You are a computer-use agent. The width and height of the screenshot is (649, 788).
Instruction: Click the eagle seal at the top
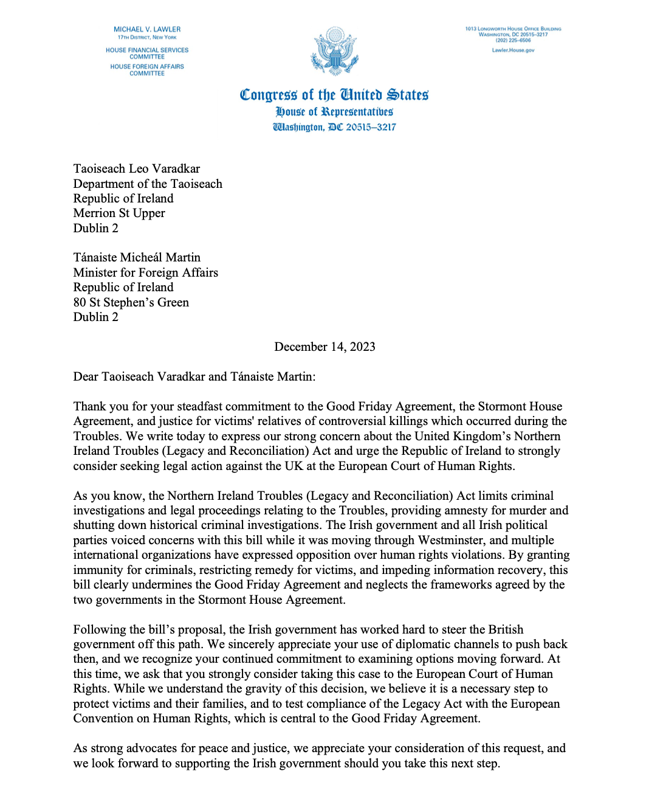pos(334,51)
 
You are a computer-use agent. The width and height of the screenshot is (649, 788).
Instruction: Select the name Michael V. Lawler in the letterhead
pos(147,29)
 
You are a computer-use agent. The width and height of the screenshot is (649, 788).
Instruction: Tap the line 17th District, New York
pos(147,37)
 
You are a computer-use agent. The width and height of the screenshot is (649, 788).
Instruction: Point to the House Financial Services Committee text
pos(147,54)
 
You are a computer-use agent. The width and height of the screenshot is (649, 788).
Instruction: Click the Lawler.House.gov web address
pos(513,50)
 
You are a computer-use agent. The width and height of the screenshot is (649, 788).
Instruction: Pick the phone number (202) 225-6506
pos(513,40)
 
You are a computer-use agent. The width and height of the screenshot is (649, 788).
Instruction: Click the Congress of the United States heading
pos(334,95)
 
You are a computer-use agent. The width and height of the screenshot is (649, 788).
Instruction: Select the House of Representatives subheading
pos(334,112)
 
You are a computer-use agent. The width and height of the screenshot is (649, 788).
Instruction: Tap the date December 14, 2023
pos(324,347)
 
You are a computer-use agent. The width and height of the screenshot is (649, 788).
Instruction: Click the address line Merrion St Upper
pos(119,213)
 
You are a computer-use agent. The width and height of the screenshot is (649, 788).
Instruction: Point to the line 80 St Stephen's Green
pos(131,302)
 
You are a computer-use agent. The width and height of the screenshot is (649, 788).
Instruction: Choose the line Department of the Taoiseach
pos(148,184)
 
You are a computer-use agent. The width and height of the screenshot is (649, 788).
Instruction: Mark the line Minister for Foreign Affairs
pos(145,272)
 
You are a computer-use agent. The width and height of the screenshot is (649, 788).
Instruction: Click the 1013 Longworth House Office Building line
pos(513,29)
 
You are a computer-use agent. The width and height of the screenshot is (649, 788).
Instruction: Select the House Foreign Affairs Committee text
pos(147,70)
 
